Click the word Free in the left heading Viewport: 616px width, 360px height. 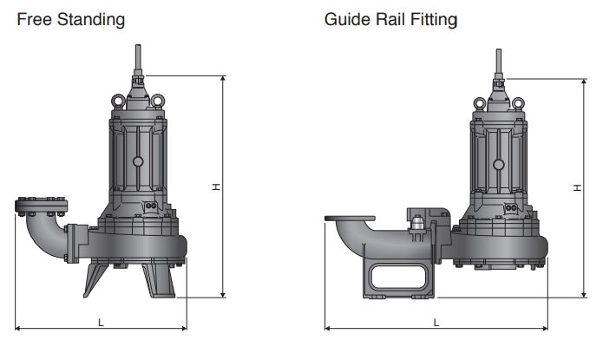[x=33, y=18]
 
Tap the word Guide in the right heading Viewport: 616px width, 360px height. [x=345, y=18]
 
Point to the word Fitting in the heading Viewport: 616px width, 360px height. [x=432, y=19]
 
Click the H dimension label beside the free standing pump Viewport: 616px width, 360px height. [x=214, y=187]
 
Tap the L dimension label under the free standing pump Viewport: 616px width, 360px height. [x=102, y=322]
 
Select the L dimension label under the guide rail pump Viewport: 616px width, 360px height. [x=436, y=322]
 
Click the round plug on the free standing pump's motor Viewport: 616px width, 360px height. [x=137, y=161]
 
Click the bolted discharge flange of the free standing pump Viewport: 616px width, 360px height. [x=41, y=206]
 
